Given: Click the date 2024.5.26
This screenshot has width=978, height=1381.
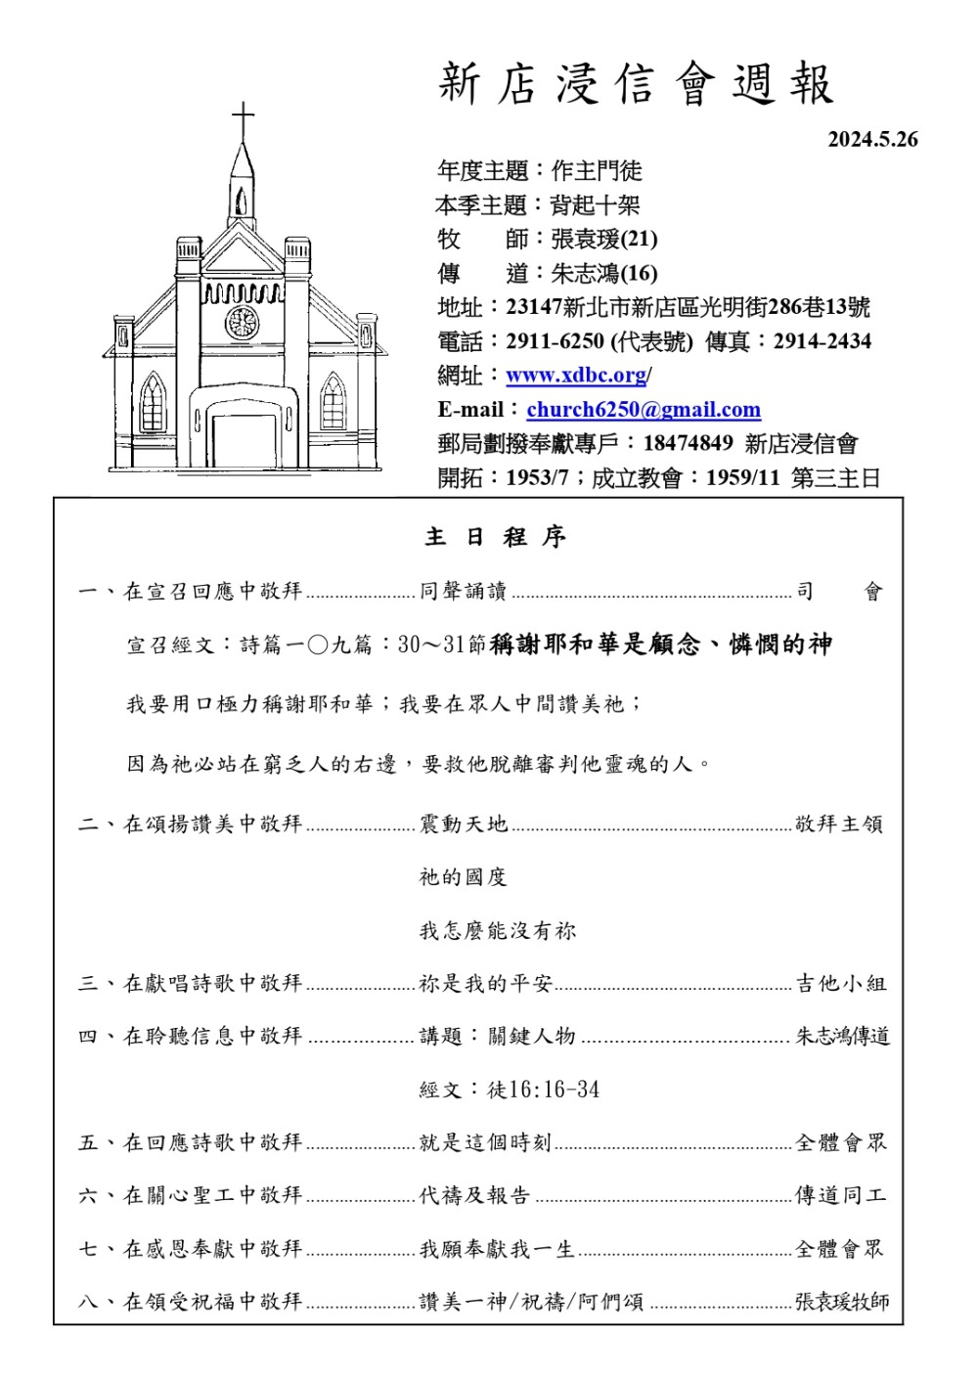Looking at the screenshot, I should [872, 140].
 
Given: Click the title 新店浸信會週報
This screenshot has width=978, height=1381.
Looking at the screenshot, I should [636, 84].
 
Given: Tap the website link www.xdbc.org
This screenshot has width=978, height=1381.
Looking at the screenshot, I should [576, 376].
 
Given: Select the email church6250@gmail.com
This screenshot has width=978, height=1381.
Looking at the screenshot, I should [643, 410].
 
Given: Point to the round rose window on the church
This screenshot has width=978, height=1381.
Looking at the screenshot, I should [242, 322].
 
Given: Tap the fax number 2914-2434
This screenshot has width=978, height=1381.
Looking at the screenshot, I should [822, 341].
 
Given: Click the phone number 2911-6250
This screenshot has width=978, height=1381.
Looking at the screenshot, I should [555, 341].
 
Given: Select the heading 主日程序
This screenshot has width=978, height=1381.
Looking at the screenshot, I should [495, 537].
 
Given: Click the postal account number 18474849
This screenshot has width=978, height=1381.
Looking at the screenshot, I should [688, 444].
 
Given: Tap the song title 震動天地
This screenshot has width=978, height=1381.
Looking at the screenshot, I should [464, 824].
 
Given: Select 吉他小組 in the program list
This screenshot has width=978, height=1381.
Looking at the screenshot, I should [841, 984].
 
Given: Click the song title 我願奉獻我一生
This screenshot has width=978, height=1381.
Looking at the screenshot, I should [497, 1249].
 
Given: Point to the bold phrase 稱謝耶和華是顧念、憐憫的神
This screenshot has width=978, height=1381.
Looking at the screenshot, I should [661, 645].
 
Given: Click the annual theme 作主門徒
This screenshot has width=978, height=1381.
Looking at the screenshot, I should [597, 171].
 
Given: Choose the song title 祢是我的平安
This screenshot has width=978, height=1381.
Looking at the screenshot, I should [486, 984].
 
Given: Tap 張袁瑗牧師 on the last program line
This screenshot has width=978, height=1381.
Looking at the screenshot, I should [842, 1302].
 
